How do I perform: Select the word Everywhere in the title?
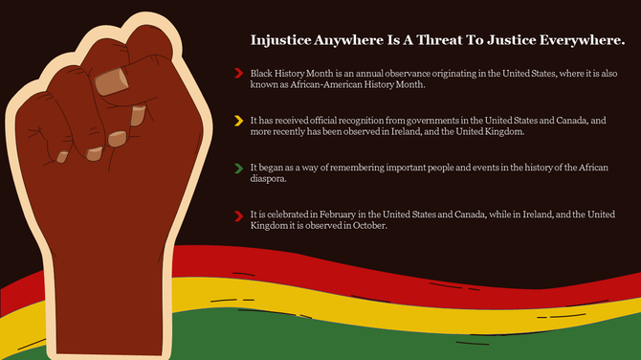pyautogui.click(x=586, y=41)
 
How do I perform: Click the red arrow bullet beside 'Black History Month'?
pyautogui.click(x=237, y=73)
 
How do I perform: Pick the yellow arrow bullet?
pyautogui.click(x=237, y=121)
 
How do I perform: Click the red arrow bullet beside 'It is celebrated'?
pyautogui.click(x=237, y=215)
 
